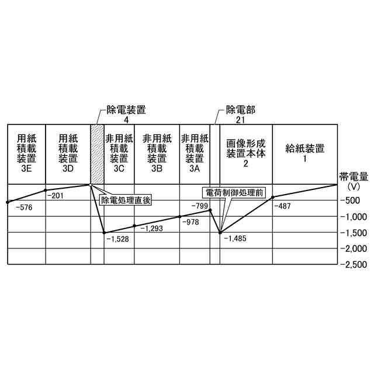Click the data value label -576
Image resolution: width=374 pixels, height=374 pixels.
(25, 207)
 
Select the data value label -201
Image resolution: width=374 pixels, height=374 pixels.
(56, 196)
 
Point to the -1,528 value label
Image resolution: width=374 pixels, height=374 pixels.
(117, 238)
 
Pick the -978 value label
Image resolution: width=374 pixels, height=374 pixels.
(191, 222)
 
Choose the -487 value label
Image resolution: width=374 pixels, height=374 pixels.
(282, 206)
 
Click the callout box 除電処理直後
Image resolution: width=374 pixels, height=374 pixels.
(126, 200)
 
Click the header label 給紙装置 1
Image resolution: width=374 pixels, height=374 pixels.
(304, 153)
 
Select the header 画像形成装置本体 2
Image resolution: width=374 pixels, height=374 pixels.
(245, 153)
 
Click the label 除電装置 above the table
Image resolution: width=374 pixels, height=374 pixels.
(126, 109)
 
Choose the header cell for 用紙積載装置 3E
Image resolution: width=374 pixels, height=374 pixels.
(26, 154)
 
